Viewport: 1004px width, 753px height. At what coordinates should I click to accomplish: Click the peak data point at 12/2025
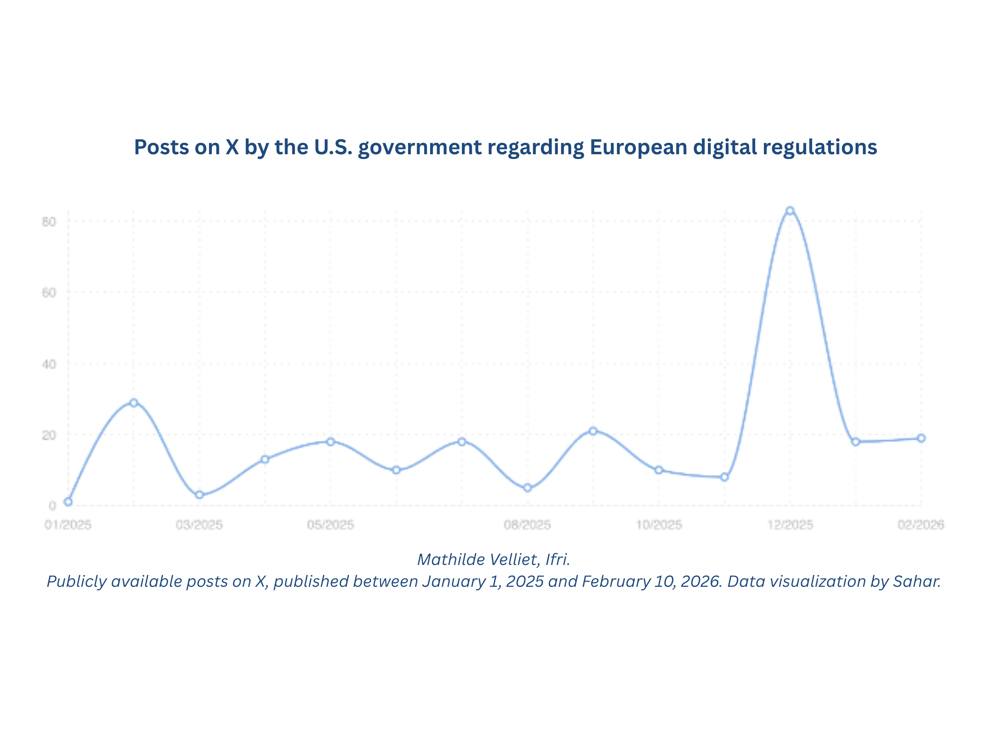pyautogui.click(x=790, y=211)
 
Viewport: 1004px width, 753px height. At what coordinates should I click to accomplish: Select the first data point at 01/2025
pyautogui.click(x=68, y=502)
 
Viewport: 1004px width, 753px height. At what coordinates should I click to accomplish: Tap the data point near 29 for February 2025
pyautogui.click(x=134, y=403)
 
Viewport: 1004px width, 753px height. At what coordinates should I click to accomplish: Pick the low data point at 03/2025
pyautogui.click(x=199, y=495)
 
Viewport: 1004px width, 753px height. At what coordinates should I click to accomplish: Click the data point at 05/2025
pyautogui.click(x=330, y=442)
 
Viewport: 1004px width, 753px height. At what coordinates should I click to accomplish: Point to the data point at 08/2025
pyautogui.click(x=527, y=488)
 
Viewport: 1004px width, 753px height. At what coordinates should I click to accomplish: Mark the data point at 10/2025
pyautogui.click(x=659, y=470)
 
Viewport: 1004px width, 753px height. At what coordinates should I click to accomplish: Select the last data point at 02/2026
pyautogui.click(x=921, y=438)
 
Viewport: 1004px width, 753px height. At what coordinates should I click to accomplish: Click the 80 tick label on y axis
pyautogui.click(x=49, y=221)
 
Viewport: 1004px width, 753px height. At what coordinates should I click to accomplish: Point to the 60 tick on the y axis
pyautogui.click(x=49, y=293)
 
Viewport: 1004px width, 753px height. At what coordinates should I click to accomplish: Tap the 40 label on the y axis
pyautogui.click(x=49, y=364)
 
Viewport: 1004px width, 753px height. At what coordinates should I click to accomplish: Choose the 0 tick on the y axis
pyautogui.click(x=52, y=506)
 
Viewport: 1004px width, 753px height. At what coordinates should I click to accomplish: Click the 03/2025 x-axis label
pyautogui.click(x=199, y=525)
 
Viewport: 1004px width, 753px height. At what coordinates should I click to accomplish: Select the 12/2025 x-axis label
pyautogui.click(x=790, y=525)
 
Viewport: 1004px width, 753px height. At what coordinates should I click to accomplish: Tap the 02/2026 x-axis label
pyautogui.click(x=921, y=525)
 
